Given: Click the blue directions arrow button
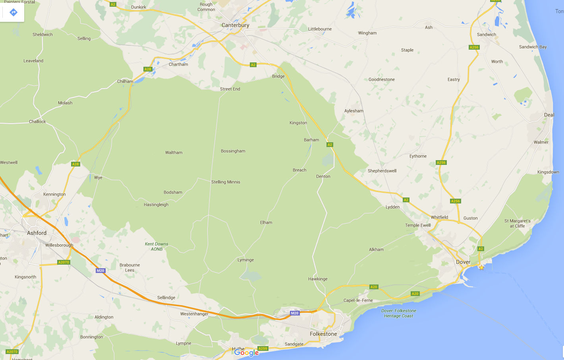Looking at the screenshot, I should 13,12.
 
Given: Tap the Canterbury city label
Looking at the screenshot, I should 235,25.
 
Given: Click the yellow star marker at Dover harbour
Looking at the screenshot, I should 481,267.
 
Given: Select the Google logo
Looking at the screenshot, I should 246,352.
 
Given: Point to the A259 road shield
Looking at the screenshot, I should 263,348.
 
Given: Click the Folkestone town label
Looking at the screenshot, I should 323,334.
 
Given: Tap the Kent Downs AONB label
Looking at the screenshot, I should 156,246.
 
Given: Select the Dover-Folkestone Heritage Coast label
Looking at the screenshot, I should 399,313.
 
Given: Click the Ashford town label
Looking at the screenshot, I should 37,233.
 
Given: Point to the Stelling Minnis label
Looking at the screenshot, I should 226,182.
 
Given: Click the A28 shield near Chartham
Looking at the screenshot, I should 148,69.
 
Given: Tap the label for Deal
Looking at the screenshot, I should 549,115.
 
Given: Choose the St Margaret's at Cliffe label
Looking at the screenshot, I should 517,223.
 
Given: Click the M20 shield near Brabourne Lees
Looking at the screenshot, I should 100,271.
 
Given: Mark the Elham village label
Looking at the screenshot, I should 266,223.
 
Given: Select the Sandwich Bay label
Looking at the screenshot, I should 533,47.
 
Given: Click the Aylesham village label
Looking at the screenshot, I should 353,111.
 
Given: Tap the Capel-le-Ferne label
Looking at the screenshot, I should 358,300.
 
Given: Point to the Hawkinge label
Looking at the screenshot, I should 318,279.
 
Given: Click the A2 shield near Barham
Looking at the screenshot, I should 330,145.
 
